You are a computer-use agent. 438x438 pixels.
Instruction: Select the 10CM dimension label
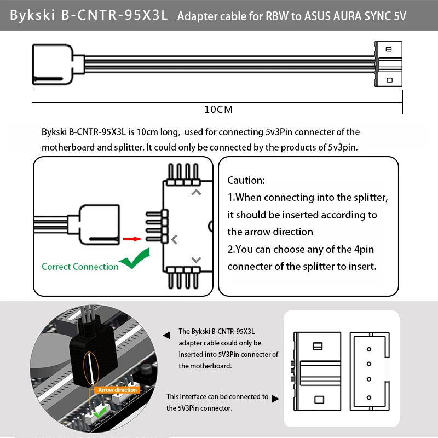tap(218, 109)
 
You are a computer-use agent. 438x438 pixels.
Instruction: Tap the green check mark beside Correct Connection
tap(135, 259)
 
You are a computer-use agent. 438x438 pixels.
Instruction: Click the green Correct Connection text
tap(80, 267)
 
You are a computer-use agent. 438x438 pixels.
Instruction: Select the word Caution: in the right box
tap(246, 180)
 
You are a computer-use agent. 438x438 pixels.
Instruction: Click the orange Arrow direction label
tap(118, 390)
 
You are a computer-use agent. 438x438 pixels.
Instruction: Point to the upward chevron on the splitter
tap(196, 192)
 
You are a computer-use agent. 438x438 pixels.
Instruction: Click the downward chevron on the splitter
tap(196, 260)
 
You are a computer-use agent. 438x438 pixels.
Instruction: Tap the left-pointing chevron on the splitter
tap(174, 239)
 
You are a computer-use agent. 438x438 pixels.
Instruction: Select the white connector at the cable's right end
tap(388, 65)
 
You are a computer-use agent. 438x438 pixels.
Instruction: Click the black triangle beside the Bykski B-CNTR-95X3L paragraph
tap(166, 335)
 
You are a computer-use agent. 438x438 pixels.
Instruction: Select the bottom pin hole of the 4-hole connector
tap(369, 397)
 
